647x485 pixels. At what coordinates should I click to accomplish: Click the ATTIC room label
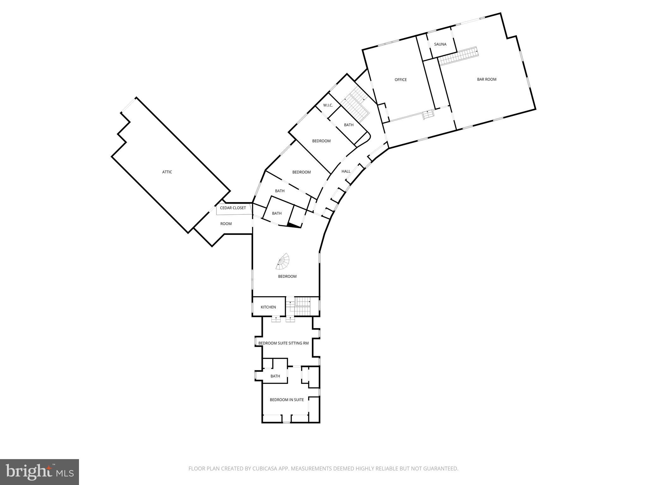[x=167, y=172]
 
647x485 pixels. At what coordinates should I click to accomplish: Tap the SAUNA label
[x=440, y=45]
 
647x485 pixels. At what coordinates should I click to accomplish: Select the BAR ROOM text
[x=487, y=80]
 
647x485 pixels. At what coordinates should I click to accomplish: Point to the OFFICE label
[x=401, y=80]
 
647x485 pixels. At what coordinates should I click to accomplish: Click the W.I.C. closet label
[x=328, y=105]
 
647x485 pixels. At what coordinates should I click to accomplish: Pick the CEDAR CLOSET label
[x=233, y=208]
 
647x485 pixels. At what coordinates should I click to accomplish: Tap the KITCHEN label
[x=268, y=307]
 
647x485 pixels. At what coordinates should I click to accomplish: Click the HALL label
[x=346, y=171]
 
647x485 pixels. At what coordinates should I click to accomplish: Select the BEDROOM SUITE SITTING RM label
[x=283, y=343]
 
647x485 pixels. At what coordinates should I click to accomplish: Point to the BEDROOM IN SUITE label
[x=287, y=400]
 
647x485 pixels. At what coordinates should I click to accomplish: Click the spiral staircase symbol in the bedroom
[x=283, y=261]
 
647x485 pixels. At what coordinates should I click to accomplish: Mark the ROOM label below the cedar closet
[x=226, y=224]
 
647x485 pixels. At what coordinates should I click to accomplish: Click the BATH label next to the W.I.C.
[x=349, y=125]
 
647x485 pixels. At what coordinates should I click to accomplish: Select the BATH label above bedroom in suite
[x=275, y=376]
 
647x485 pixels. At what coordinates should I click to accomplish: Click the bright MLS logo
[x=39, y=472]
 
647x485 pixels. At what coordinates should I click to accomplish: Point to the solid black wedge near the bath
[x=294, y=225]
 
